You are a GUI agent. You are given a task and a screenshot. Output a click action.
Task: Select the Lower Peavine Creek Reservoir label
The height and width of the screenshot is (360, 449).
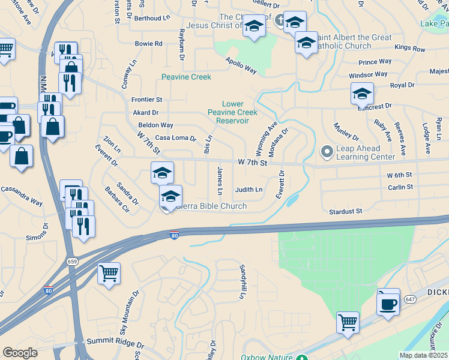point(232,112)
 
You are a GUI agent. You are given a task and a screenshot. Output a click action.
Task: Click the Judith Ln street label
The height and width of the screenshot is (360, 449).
point(249,190)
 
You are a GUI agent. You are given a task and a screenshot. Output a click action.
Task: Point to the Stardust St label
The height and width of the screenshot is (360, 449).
point(346,211)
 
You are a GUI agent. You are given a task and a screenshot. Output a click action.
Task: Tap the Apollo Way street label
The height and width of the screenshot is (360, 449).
point(241,66)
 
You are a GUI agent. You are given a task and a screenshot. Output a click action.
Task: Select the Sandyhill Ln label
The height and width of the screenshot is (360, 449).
point(243,282)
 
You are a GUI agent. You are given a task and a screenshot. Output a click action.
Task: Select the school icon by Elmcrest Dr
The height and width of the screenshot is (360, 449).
point(363,94)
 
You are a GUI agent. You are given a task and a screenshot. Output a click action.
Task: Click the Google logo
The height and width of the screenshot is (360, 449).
point(20,353)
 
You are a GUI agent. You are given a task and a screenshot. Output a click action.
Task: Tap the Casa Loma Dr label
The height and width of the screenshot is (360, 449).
point(176,138)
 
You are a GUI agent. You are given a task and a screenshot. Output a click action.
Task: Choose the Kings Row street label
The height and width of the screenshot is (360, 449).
point(410,48)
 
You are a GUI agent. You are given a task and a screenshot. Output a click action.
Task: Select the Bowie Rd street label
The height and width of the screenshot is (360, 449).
point(149,44)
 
